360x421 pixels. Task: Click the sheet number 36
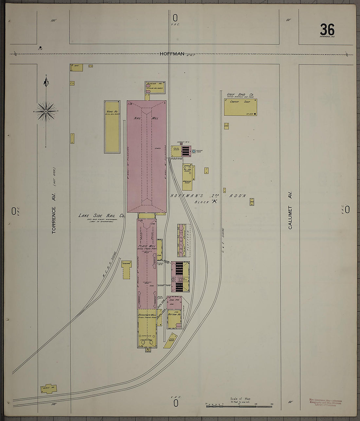click(x=327, y=30)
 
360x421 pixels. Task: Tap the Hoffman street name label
click(x=172, y=54)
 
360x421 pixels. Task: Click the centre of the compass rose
click(x=46, y=111)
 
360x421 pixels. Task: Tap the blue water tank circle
click(x=194, y=151)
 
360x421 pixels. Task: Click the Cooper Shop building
click(x=240, y=107)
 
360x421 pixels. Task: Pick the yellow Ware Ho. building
click(x=112, y=127)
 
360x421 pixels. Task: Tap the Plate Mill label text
click(x=147, y=246)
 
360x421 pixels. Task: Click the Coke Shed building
click(x=171, y=340)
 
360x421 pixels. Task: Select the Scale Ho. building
click(x=49, y=388)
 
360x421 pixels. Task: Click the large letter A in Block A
click(x=215, y=202)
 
